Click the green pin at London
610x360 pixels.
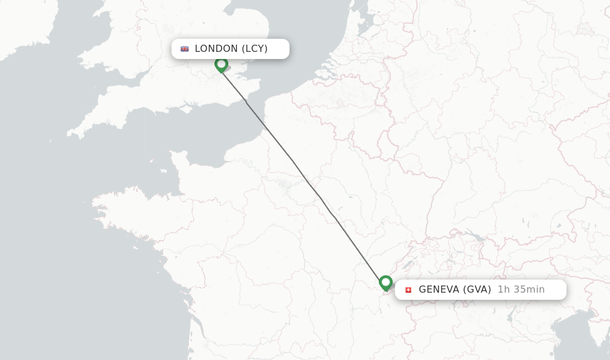222,64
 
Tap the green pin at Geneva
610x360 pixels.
385,282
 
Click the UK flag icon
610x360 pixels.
185,49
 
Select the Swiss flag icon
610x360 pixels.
408,290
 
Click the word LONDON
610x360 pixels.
216,49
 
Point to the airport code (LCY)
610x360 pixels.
255,49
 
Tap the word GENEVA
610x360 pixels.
440,290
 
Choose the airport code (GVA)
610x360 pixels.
477,290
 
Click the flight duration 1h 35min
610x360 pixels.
521,290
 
